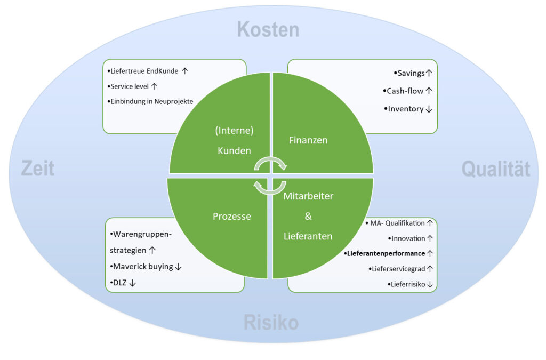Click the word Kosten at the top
(268, 29)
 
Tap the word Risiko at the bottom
(271, 322)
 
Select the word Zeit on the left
(38, 169)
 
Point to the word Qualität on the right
(495, 169)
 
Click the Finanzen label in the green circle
(308, 140)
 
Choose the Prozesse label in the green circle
(232, 217)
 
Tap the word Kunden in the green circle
(234, 151)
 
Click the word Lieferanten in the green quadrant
(308, 236)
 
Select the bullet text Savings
(411, 73)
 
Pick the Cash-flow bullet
(405, 91)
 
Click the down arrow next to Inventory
(428, 109)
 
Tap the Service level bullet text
(130, 86)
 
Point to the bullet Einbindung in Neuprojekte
(151, 101)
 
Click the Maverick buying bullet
(142, 266)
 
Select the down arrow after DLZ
(132, 283)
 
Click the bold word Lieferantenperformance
(386, 253)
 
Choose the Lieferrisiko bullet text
(408, 284)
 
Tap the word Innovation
(408, 238)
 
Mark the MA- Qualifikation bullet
(398, 223)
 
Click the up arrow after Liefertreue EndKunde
(185, 70)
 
